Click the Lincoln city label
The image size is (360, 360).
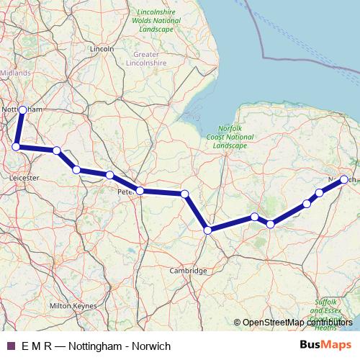coord(103,48)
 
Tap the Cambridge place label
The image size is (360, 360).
coord(188,271)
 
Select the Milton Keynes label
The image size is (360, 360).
coord(73,306)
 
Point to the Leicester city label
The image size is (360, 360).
coord(24,175)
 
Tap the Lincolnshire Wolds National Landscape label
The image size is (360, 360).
coord(157,19)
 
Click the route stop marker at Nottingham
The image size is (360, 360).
coord(22,109)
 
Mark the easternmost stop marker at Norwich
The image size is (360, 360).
coord(344,179)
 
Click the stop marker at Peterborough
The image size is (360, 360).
coord(140,191)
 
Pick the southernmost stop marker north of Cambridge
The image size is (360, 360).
coord(207,230)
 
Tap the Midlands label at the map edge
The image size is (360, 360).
coord(15,73)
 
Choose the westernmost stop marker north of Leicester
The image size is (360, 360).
coord(16,147)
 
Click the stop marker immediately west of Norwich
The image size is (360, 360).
coord(319,192)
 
